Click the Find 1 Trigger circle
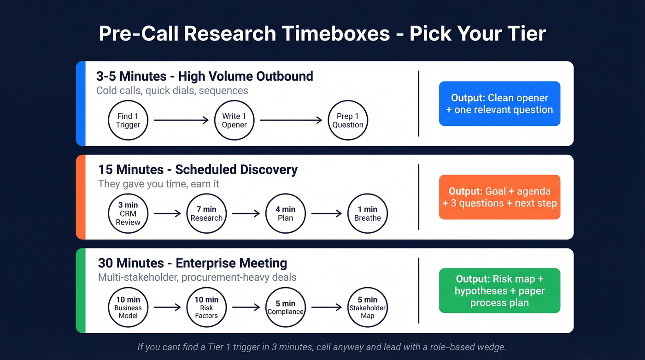click(x=128, y=120)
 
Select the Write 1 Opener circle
click(x=235, y=120)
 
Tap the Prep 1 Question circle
click(x=348, y=120)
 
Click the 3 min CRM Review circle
click(x=128, y=214)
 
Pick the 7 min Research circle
click(x=206, y=214)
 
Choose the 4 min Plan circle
click(x=286, y=214)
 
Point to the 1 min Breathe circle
click(x=367, y=214)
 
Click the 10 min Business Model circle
click(x=128, y=307)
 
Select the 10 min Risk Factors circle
click(x=206, y=307)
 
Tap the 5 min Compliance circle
click(x=286, y=307)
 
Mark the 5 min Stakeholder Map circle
click(x=367, y=307)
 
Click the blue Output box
click(x=499, y=104)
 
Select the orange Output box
click(x=499, y=197)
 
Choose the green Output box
click(x=499, y=291)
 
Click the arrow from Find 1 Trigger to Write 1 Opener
click(x=181, y=120)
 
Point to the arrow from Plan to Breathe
click(x=327, y=214)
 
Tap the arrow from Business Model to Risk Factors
click(x=167, y=307)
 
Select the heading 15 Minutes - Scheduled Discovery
click(x=198, y=170)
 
